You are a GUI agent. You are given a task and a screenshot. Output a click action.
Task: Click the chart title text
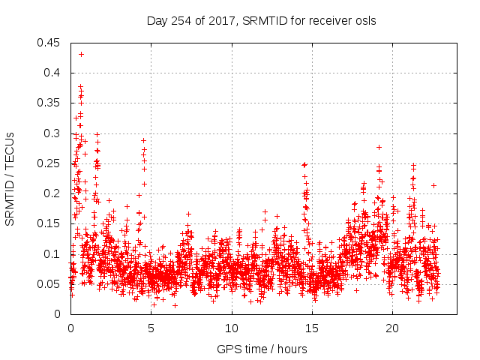click(x=261, y=20)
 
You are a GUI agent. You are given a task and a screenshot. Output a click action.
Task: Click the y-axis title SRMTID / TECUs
click(x=10, y=178)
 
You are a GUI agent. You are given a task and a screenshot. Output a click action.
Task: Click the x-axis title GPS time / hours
click(x=262, y=349)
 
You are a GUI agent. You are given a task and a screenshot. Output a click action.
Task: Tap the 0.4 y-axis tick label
click(x=55, y=73)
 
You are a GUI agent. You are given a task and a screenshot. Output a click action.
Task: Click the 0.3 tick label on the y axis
click(x=55, y=133)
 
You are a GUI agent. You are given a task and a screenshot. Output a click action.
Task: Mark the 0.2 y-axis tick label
click(x=55, y=193)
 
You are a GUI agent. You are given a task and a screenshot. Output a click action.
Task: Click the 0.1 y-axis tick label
click(x=55, y=254)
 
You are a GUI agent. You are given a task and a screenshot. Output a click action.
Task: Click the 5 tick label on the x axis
click(x=151, y=328)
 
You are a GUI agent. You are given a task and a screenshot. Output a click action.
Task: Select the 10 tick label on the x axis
click(x=232, y=328)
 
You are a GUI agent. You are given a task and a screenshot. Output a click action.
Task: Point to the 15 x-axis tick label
click(x=312, y=328)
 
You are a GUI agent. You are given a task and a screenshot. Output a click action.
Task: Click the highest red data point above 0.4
click(x=81, y=54)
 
